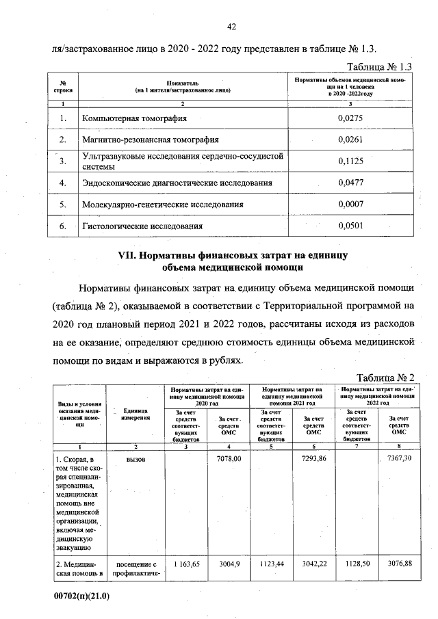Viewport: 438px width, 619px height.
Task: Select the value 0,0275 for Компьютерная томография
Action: click(350, 118)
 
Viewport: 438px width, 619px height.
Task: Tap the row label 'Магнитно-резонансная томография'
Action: click(150, 140)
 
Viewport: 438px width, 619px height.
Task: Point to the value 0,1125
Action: click(350, 161)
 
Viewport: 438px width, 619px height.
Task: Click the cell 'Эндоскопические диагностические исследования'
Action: click(177, 183)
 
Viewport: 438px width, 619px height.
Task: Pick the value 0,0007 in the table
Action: click(350, 204)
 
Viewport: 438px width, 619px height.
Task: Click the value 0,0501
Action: click(350, 225)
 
